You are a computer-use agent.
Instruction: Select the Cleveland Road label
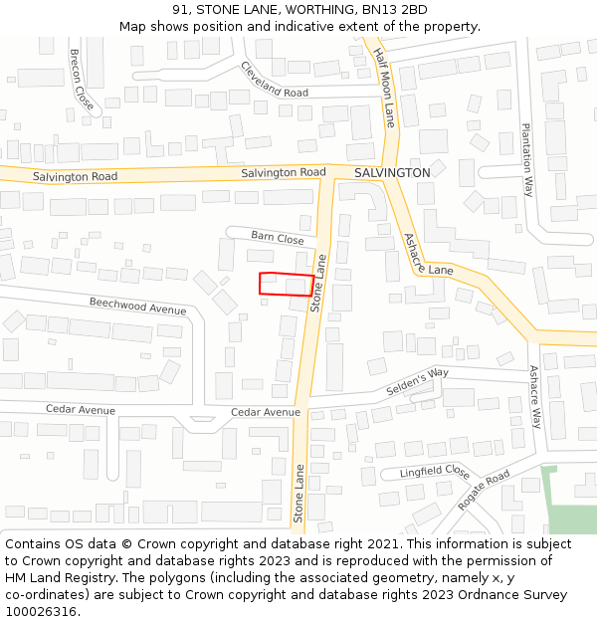pos(274,80)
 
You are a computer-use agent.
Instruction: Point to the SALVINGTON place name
pos(392,173)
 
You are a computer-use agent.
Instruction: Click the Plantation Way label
pos(528,159)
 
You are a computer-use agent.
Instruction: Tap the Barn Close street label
pos(278,238)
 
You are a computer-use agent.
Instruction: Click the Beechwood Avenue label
pos(137,306)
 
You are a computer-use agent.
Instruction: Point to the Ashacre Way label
pos(534,397)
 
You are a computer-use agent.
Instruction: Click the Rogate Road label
pos(484,490)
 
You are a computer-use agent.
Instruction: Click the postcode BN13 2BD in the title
pos(398,10)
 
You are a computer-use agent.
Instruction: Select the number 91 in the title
pos(179,10)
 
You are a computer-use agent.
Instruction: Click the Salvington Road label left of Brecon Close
pos(75,177)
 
